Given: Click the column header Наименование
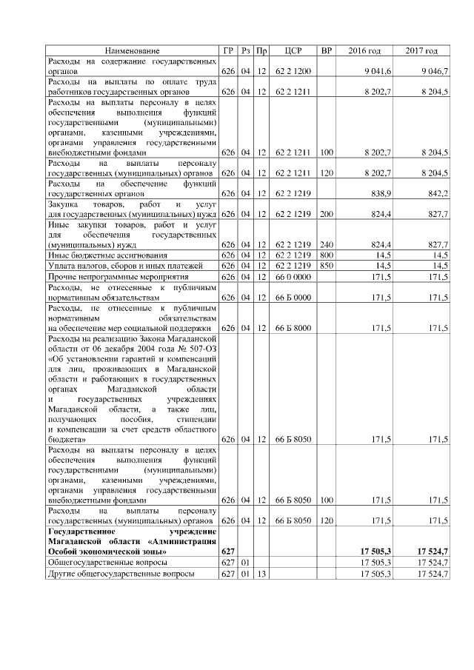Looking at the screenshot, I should click(x=132, y=50).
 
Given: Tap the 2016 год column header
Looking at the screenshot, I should click(x=364, y=50).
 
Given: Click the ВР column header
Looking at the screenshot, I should click(x=326, y=50).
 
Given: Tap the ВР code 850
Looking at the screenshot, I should click(x=326, y=265).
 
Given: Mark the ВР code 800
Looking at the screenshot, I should click(x=326, y=255).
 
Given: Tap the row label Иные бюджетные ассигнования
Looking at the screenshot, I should click(x=99, y=255).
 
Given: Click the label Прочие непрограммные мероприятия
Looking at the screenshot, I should click(x=111, y=275).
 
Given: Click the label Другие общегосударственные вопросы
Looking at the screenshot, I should click(x=121, y=573).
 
